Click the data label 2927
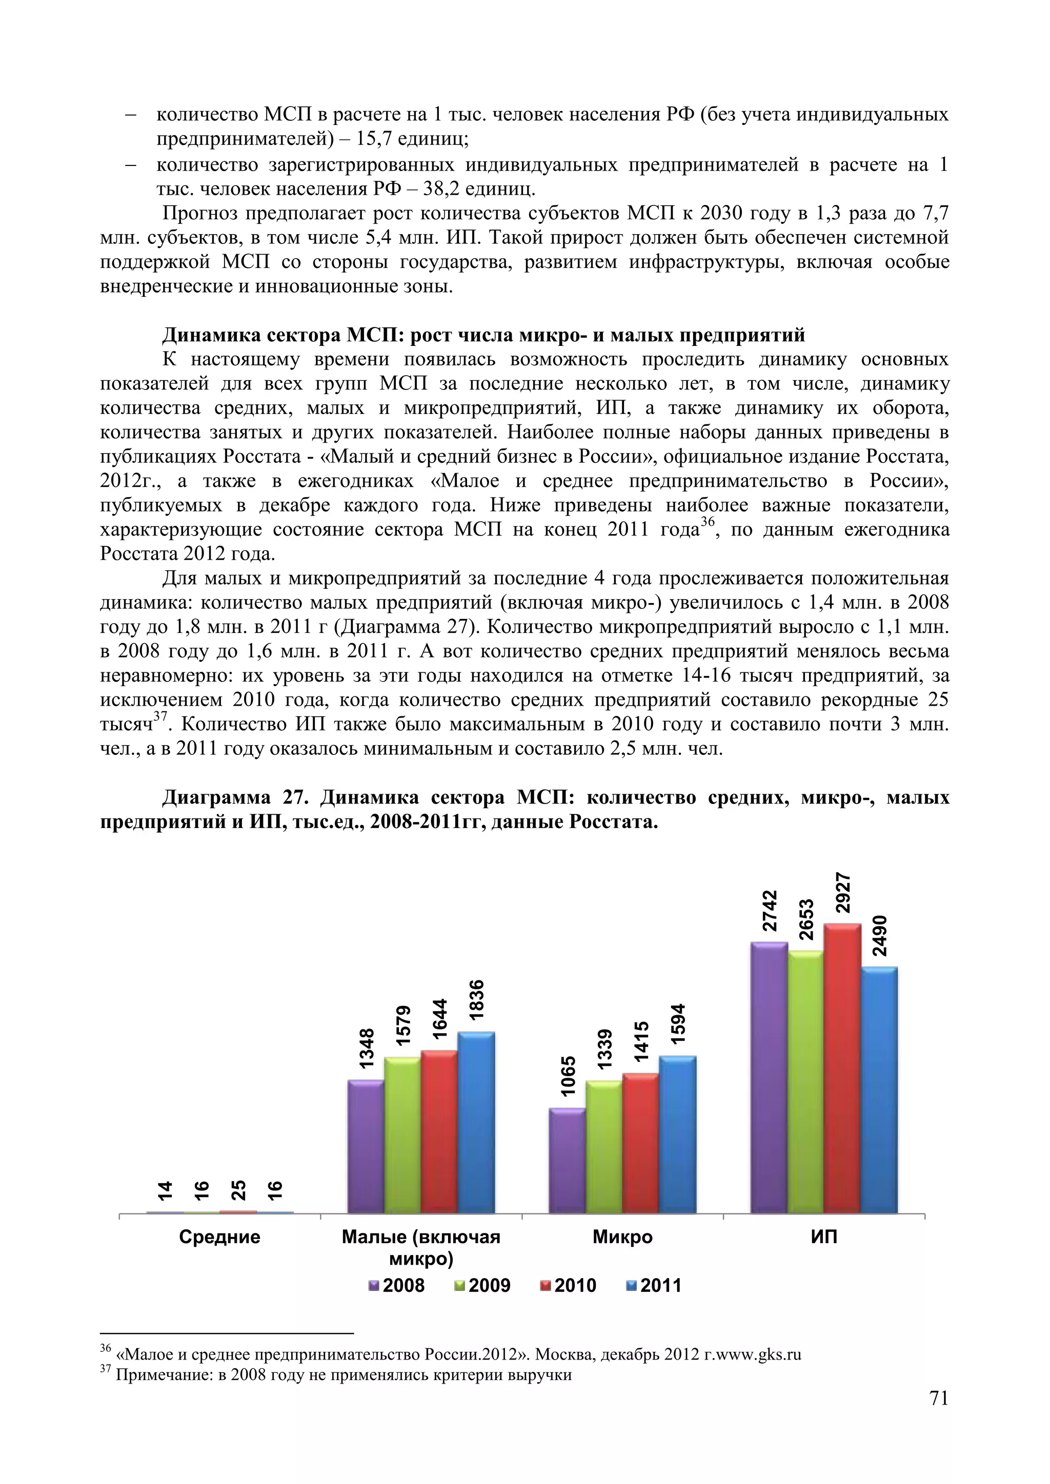842,893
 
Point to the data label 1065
568,1076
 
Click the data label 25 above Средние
238,1190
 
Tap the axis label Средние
220,1237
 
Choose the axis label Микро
622,1237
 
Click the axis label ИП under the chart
824,1237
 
